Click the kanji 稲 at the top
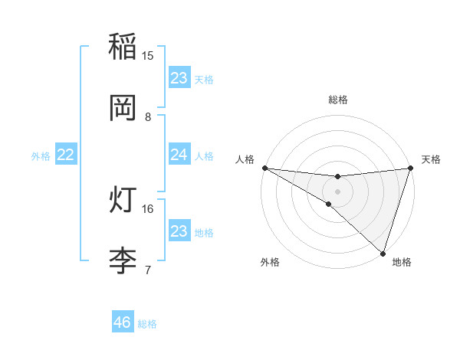[x=123, y=47]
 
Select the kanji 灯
[x=123, y=200]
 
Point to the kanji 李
[x=123, y=260]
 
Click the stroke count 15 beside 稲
[x=148, y=56]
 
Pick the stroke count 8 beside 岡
[x=148, y=116]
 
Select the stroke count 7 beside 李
[x=148, y=270]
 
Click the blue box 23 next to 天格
[x=179, y=78]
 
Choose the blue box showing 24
[x=179, y=155]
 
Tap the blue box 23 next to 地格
[x=179, y=231]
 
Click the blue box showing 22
[x=66, y=155]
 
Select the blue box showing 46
[x=123, y=322]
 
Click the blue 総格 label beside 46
[x=147, y=324]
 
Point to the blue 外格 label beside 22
[x=41, y=156]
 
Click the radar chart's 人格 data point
[x=264, y=168]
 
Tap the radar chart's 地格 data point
[x=383, y=254]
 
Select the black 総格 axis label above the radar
[x=337, y=100]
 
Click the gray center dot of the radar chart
[x=337, y=191]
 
